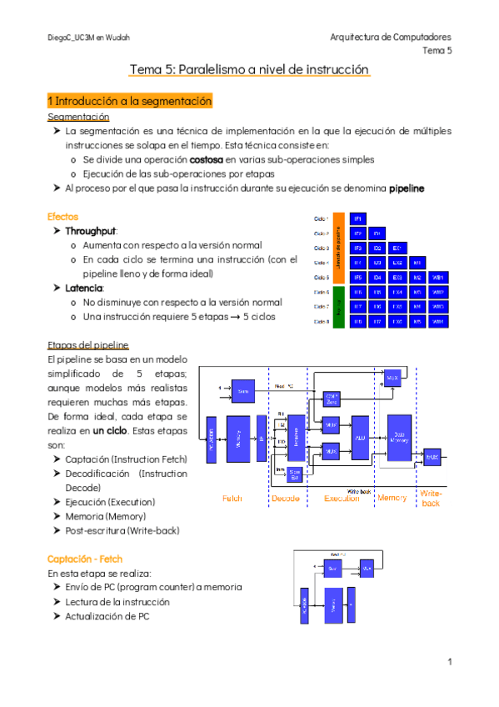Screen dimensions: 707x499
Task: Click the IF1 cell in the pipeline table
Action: [357, 218]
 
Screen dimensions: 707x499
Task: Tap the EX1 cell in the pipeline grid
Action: [397, 248]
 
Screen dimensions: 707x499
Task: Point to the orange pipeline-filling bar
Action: [339, 248]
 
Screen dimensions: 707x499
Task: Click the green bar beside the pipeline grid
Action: [339, 306]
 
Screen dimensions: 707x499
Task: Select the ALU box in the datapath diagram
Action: [360, 437]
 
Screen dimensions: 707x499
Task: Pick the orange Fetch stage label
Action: [232, 498]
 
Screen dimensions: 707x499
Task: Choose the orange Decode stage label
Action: [286, 498]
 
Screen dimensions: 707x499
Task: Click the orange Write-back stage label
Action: [431, 498]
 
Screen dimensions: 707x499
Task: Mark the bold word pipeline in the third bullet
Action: [407, 188]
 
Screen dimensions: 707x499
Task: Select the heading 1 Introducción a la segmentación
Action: [130, 101]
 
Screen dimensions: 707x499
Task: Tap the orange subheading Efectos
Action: [63, 216]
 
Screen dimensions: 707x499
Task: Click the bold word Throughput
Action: [91, 230]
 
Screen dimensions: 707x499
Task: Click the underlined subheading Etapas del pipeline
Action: [88, 345]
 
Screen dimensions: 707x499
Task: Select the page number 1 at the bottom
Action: [448, 662]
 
